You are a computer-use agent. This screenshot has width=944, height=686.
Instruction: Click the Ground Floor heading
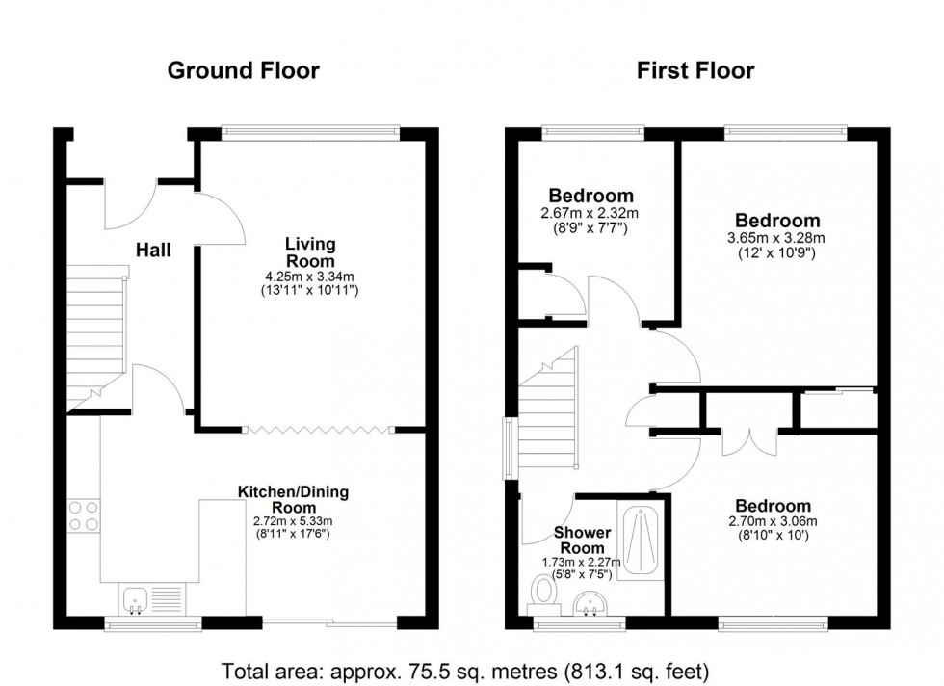[243, 70]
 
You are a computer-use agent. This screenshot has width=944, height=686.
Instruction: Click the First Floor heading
[695, 70]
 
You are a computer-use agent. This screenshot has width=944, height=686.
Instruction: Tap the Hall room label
[153, 251]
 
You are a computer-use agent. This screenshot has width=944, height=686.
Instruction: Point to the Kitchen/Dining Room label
[294, 500]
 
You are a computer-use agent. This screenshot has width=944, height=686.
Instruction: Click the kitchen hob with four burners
[83, 515]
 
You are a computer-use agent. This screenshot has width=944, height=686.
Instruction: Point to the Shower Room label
[582, 541]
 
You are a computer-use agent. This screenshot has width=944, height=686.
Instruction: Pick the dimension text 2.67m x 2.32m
[591, 213]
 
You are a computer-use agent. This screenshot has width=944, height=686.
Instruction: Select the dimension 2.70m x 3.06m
[773, 523]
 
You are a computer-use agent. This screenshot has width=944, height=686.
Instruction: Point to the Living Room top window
[310, 130]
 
